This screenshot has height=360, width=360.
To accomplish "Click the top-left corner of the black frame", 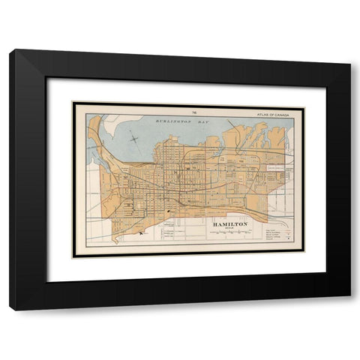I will click(10, 50).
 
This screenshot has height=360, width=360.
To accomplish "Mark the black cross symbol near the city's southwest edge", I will click(140, 235).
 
